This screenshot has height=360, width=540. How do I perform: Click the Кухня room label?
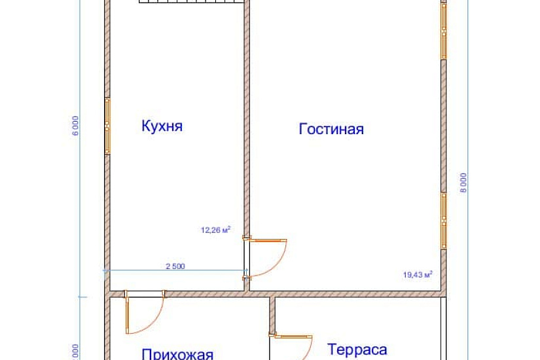click(162, 126)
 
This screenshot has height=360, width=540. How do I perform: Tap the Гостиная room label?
click(331, 129)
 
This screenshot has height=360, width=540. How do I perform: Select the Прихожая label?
click(177, 354)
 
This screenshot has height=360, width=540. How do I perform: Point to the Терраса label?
click(357, 349)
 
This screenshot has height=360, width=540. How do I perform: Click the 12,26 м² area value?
click(215, 230)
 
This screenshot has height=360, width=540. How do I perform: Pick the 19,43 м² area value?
click(418, 275)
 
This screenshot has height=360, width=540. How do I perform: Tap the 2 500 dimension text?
click(175, 266)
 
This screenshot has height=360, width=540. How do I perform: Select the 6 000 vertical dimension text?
click(77, 125)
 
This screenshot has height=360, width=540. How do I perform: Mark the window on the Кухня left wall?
click(108, 126)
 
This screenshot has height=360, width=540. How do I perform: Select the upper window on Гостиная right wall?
click(443, 31)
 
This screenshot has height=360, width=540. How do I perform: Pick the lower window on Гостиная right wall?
click(443, 220)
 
